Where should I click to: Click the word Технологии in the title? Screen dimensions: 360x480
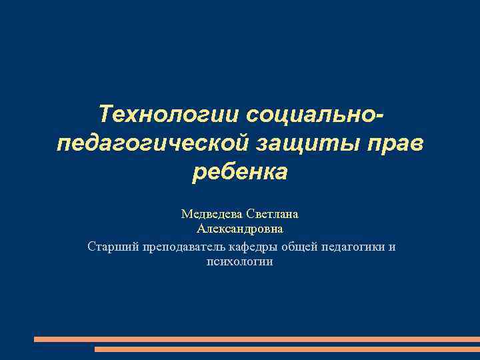pyautogui.click(x=169, y=113)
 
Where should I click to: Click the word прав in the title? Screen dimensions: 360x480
pyautogui.click(x=397, y=143)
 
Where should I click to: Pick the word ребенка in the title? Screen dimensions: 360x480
pyautogui.click(x=240, y=172)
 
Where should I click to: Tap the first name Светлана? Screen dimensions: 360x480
pyautogui.click(x=272, y=215)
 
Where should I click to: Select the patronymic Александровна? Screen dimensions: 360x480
pyautogui.click(x=240, y=230)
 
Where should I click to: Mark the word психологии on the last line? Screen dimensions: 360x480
pyautogui.click(x=240, y=262)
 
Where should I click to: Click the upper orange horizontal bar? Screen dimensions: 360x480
pyautogui.click(x=257, y=339)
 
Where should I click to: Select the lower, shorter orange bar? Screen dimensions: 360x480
pyautogui.click(x=287, y=349)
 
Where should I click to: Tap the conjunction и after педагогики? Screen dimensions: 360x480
pyautogui.click(x=393, y=247)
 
